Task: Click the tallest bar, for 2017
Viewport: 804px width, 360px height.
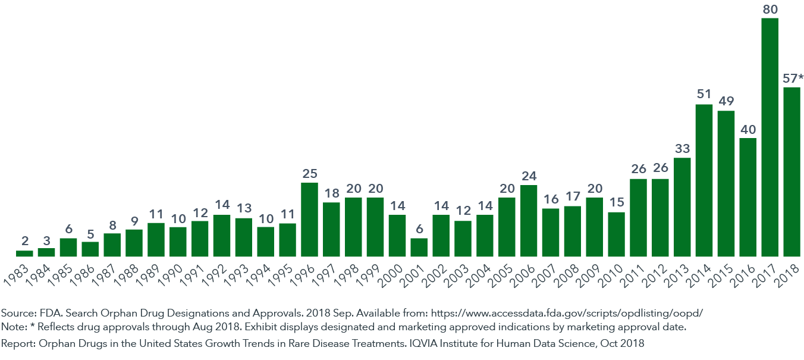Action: tap(770, 137)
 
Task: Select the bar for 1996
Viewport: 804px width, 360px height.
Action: tap(309, 219)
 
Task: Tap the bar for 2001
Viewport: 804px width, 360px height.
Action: tap(419, 247)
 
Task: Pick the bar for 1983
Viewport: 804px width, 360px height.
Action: tap(24, 253)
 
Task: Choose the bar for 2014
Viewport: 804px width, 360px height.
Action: tap(704, 180)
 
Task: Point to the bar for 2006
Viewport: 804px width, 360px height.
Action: tap(529, 220)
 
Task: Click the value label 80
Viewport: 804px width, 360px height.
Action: tap(770, 9)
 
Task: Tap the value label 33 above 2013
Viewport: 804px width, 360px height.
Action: tap(682, 148)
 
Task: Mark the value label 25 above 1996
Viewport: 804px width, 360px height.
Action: tap(309, 173)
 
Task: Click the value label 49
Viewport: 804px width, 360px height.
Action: tap(726, 101)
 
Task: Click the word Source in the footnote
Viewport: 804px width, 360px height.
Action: tap(17, 312)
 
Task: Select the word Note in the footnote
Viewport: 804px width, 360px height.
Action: tap(13, 327)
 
